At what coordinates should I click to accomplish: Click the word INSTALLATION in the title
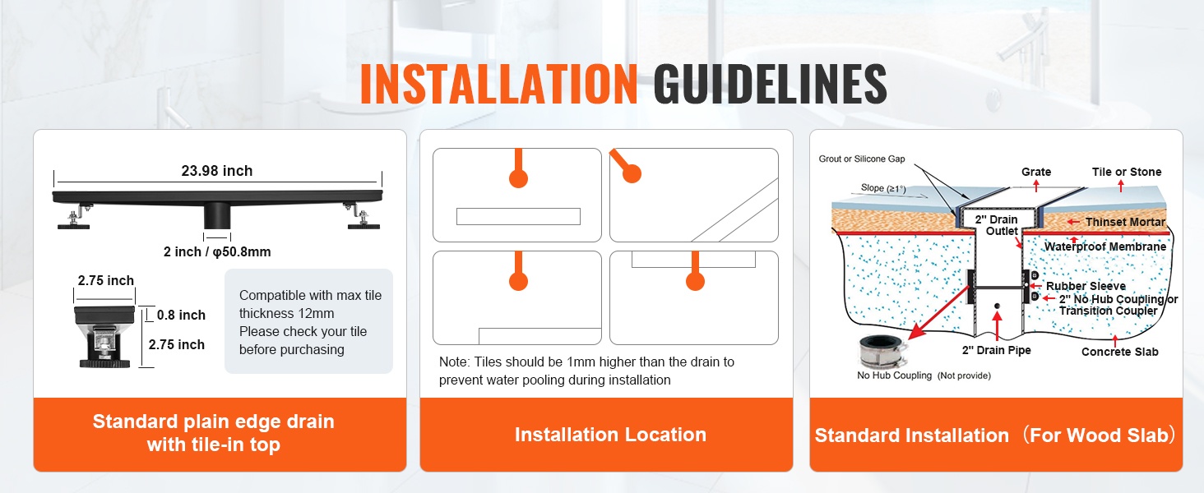tap(499, 84)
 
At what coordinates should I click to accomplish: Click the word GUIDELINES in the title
tap(771, 84)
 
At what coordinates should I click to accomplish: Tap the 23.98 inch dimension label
tap(216, 171)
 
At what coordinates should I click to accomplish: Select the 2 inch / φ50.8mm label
tap(217, 251)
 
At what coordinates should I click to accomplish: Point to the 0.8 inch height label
tap(181, 315)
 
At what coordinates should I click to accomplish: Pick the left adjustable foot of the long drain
tap(75, 218)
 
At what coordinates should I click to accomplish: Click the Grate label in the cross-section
tap(1036, 172)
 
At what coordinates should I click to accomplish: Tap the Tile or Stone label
tap(1127, 172)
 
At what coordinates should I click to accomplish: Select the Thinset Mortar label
tap(1125, 222)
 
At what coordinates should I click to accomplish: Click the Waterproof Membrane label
tap(1105, 246)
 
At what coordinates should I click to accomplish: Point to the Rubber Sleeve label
tap(1086, 286)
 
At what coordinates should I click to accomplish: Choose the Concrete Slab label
tap(1119, 352)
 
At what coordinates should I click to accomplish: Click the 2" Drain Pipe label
tap(997, 350)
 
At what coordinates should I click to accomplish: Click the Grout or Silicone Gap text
tap(862, 159)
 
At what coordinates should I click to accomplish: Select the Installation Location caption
tap(610, 435)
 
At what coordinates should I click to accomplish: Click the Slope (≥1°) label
tap(883, 188)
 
